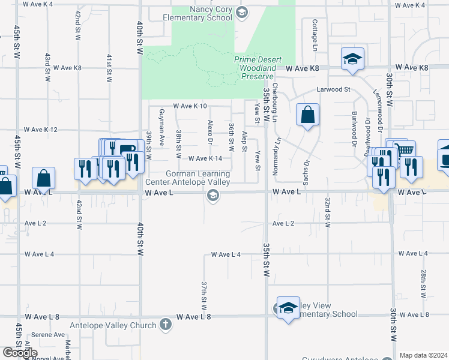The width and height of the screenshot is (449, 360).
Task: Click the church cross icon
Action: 166,325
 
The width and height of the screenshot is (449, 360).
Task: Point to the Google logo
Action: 20,353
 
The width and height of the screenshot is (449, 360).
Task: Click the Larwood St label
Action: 334,89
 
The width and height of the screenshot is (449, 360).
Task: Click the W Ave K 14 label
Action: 205,158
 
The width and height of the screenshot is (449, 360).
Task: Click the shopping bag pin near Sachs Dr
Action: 307,115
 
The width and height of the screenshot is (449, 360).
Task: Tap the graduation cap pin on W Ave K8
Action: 352,59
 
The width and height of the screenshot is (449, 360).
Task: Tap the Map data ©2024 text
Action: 423,355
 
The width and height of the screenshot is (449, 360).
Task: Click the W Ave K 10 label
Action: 190,106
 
